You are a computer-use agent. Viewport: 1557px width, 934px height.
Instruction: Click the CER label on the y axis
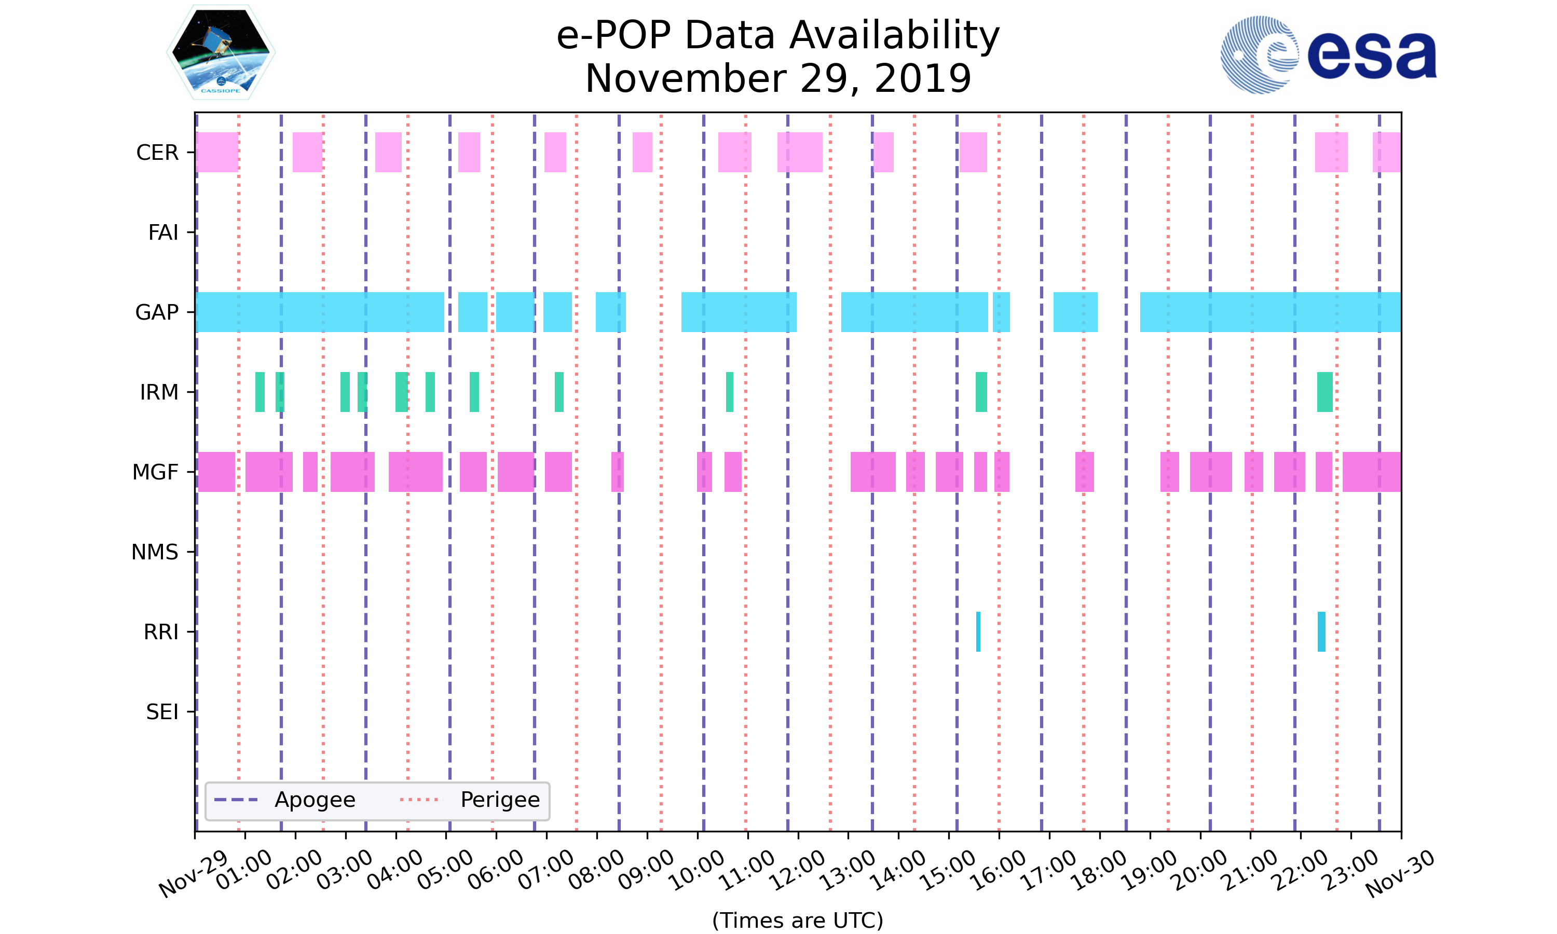[x=157, y=153]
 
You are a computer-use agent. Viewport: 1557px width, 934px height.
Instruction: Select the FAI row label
[x=163, y=232]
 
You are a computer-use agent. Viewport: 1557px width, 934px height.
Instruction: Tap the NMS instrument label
[x=154, y=552]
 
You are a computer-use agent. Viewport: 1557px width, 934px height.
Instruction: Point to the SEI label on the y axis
[x=162, y=712]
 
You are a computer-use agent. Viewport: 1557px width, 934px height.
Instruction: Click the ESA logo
[x=1328, y=55]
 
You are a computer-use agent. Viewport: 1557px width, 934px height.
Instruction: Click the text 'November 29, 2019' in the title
[x=778, y=79]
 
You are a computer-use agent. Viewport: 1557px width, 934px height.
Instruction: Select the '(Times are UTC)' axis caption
[x=797, y=920]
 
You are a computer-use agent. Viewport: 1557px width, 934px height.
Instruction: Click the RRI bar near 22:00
[x=1321, y=631]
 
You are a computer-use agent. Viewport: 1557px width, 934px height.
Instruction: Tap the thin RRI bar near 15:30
[x=978, y=631]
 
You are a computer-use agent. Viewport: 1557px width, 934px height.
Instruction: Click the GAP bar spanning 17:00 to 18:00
[x=1075, y=312]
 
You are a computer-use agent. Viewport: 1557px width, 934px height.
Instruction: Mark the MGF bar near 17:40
[x=1084, y=472]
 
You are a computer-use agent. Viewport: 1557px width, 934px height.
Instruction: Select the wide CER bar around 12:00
[x=799, y=153]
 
